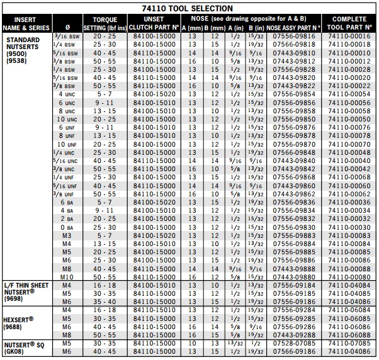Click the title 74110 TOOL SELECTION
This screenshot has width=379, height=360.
(x=189, y=8)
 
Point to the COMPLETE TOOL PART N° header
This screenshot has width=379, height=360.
(x=349, y=24)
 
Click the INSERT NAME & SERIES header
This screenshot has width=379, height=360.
(x=25, y=24)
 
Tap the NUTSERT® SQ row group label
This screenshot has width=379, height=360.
(x=21, y=347)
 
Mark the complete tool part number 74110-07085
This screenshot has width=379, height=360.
(x=349, y=344)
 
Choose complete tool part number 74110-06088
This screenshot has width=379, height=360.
(x=349, y=334)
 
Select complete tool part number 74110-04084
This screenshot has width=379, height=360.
(x=349, y=285)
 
